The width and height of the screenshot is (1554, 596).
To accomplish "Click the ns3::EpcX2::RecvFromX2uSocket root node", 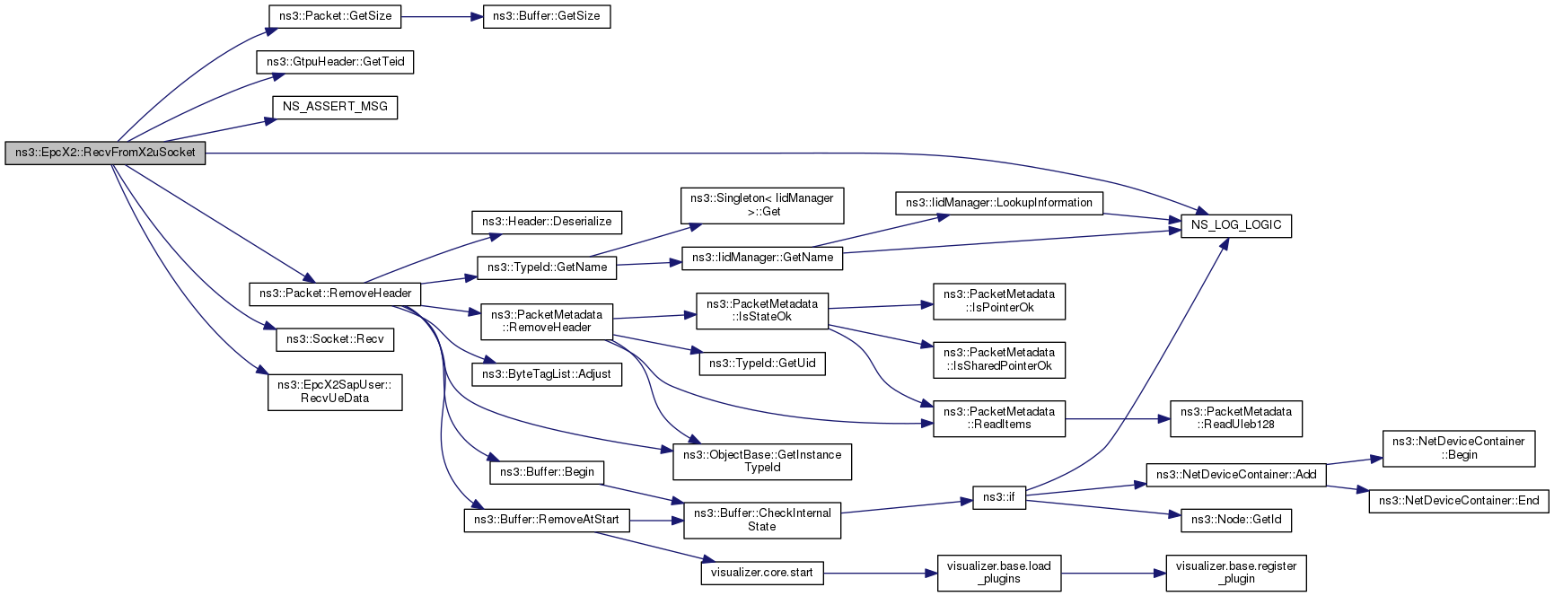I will coord(105,153).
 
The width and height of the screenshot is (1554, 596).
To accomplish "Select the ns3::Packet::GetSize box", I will coord(335,16).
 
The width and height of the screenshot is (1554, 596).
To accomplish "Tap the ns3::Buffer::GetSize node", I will coord(547,16).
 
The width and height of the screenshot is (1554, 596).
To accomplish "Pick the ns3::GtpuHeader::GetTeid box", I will coord(336,62).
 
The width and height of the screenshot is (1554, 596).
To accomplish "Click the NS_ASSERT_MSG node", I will coord(335,107).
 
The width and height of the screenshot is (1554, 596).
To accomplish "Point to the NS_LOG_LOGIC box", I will coord(1236,224).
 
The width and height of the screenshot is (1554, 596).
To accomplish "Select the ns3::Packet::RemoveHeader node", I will coord(335,294).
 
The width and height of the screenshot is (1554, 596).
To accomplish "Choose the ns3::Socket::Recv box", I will coord(335,339).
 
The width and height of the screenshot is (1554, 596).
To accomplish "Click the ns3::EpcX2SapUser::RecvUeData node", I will coord(335,391).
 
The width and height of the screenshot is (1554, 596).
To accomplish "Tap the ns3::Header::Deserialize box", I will coord(547,222).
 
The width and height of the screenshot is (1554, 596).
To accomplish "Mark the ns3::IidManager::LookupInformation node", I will coord(999,203).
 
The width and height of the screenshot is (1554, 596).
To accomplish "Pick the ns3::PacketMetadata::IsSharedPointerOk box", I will coord(999,359).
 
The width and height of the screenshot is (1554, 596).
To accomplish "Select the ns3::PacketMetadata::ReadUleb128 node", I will coord(1236,418).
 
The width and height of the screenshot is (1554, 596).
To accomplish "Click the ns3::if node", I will coord(999,496).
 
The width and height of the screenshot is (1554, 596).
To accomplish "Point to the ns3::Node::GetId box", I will coord(1236,519).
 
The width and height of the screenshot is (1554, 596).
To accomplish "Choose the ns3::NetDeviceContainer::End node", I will coord(1459,501).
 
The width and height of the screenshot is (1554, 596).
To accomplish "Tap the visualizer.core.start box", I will coord(762,573).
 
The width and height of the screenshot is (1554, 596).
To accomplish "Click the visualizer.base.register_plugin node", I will coord(1236,573).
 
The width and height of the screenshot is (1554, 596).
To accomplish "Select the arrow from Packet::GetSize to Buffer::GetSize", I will coord(442,16).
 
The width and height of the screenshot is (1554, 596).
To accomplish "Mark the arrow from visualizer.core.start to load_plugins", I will coord(881,573).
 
